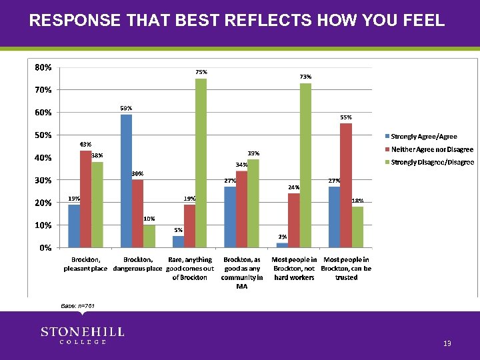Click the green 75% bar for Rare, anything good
click(201, 163)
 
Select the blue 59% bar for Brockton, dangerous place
click(126, 181)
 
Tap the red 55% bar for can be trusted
click(345, 185)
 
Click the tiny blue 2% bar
click(282, 245)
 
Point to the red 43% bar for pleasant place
click(85, 199)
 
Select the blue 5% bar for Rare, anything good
click(178, 241)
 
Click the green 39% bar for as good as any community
click(253, 203)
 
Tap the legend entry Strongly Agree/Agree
click(423, 137)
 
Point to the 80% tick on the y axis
click(44, 67)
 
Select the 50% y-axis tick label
click(44, 135)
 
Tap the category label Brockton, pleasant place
click(85, 264)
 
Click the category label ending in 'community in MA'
click(242, 273)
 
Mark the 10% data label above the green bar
click(149, 219)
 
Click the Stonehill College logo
click(82, 335)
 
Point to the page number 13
click(447, 343)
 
